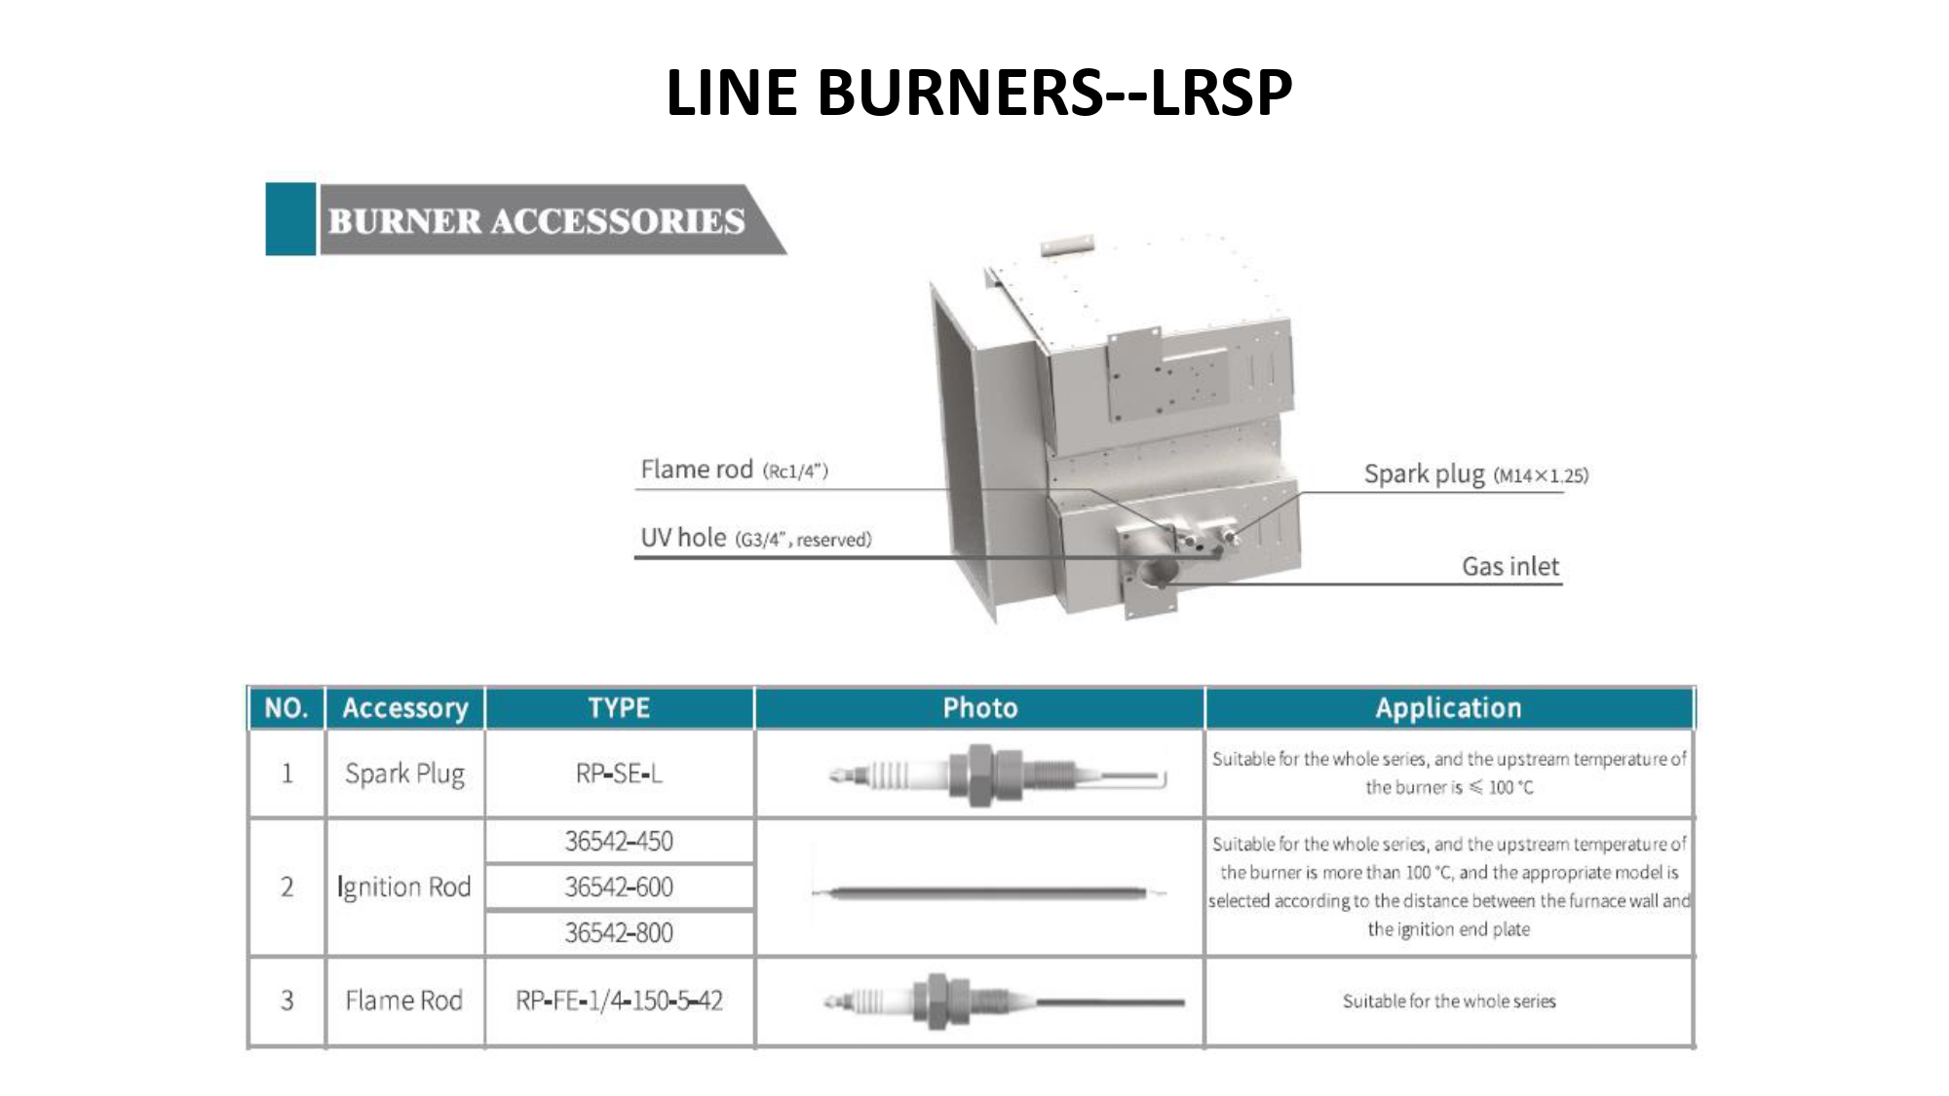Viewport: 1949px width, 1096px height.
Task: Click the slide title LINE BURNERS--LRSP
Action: coord(978,93)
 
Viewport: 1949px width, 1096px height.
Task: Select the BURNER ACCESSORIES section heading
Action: coord(536,221)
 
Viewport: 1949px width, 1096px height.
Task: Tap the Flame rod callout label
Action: coord(734,470)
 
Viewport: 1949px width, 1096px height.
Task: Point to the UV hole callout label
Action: coord(755,538)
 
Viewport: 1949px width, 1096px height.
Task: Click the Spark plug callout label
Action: coord(1475,474)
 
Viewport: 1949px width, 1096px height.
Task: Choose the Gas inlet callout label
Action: coord(1510,566)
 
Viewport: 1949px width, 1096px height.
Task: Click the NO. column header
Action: coord(287,708)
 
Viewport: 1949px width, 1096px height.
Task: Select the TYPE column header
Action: coord(619,708)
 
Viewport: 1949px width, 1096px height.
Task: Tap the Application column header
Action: coord(1448,708)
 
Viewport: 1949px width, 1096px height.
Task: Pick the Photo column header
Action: coord(979,708)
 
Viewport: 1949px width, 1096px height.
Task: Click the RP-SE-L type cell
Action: coord(619,774)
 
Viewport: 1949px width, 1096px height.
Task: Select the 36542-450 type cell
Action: coord(619,841)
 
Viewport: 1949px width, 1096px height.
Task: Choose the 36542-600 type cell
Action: coord(619,887)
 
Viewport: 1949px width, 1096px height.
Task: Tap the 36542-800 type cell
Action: coord(619,932)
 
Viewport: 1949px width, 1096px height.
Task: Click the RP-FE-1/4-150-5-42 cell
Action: coord(619,1001)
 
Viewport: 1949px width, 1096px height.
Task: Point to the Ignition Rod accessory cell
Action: coord(404,887)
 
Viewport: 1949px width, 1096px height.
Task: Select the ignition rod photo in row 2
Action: coord(988,891)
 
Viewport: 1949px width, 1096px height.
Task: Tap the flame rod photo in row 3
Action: coord(1004,1001)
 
